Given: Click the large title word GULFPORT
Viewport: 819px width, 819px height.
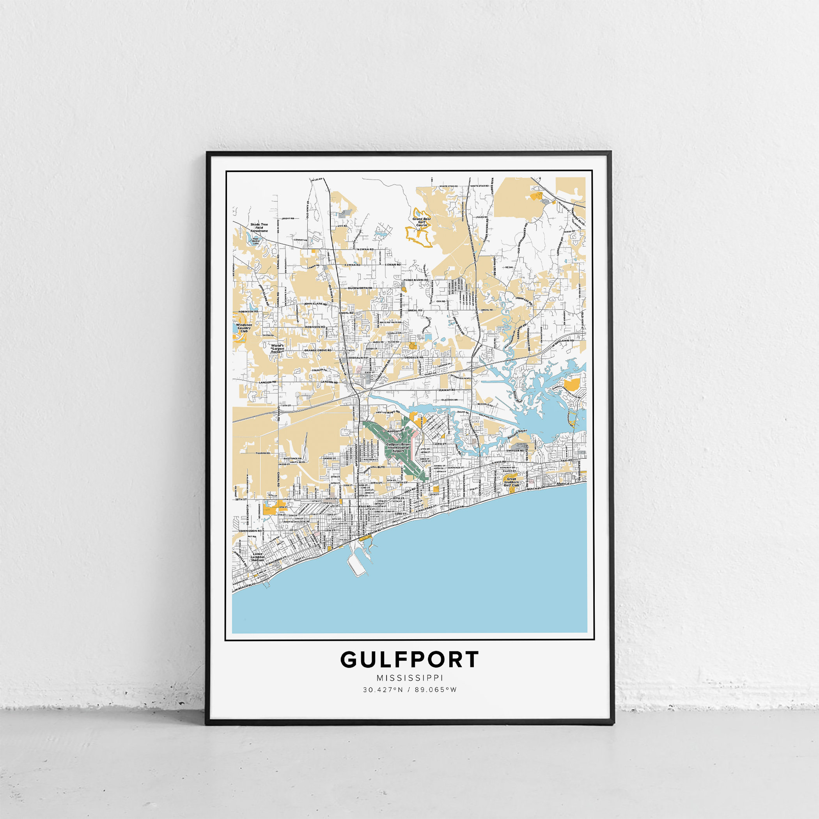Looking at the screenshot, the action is pyautogui.click(x=409, y=659).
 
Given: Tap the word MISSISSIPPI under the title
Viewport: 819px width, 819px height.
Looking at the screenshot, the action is pyautogui.click(x=409, y=678).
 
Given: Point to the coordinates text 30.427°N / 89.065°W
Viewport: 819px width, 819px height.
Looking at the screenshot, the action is pyautogui.click(x=409, y=690).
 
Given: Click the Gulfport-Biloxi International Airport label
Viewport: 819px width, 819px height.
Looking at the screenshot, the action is pyautogui.click(x=398, y=448).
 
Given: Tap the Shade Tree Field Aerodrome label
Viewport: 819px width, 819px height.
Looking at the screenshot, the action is pyautogui.click(x=259, y=228).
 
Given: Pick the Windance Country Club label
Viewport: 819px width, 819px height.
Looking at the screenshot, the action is pyautogui.click(x=244, y=328).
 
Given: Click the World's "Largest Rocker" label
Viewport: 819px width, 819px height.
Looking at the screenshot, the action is pyautogui.click(x=277, y=348).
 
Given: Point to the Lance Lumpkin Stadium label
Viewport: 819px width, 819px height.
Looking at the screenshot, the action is pyautogui.click(x=257, y=557).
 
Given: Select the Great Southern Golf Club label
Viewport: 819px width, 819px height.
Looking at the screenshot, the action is pyautogui.click(x=511, y=482).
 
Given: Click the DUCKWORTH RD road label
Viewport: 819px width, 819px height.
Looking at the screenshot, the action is pyautogui.click(x=360, y=288).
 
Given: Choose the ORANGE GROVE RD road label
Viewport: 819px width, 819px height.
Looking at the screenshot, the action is pyautogui.click(x=317, y=351).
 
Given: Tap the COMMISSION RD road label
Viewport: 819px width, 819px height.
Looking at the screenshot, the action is pyautogui.click(x=250, y=531).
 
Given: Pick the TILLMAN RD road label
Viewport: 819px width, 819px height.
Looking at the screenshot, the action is pyautogui.click(x=263, y=453).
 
